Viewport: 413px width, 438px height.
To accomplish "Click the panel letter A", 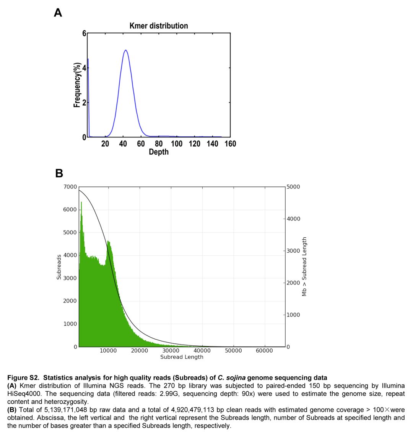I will point(58,13).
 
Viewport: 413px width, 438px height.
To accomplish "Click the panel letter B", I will point(59,173).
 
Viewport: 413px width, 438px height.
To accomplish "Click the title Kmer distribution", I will point(159,26).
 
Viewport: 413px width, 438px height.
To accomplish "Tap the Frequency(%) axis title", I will point(77,85).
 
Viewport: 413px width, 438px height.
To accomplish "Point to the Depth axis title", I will point(159,152).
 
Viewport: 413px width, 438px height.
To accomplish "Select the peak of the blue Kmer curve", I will point(125,50).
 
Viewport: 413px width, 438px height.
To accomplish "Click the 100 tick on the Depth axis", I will point(177,144).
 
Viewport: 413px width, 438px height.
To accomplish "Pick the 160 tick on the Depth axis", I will point(230,144).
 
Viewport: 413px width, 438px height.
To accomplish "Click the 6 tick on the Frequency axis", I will point(84,33).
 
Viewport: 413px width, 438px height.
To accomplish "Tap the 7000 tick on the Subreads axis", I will point(70,187).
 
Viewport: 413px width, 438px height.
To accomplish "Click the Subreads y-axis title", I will point(59,267).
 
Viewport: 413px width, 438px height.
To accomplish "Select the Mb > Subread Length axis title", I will point(304,267).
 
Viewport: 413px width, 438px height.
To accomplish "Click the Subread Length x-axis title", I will point(182,357).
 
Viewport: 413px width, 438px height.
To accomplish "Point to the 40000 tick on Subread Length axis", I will point(202,351).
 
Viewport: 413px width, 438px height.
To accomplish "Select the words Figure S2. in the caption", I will point(23,378).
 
